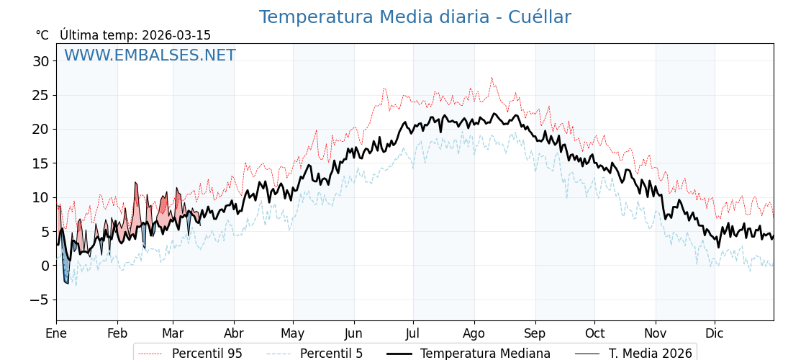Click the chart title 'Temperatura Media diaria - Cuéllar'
(x=415, y=17)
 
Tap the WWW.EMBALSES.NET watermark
(x=150, y=55)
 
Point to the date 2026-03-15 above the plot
(x=176, y=35)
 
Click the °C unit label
(x=42, y=35)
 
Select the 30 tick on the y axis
(x=40, y=62)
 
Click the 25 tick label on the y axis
(x=40, y=96)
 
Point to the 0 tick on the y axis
(x=45, y=266)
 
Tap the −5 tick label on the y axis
(x=40, y=300)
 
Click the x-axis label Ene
(x=56, y=333)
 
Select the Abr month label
(x=233, y=333)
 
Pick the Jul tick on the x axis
(x=413, y=333)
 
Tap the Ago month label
(x=474, y=333)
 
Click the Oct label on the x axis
(x=594, y=333)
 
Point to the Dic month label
(x=715, y=333)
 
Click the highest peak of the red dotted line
(x=492, y=78)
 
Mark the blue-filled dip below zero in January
(x=65, y=274)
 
